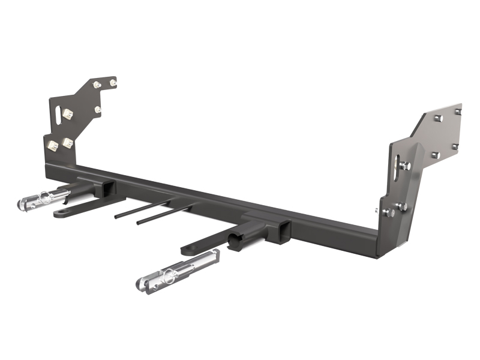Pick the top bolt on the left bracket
coord(113,81)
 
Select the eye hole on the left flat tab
coord(60,214)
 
